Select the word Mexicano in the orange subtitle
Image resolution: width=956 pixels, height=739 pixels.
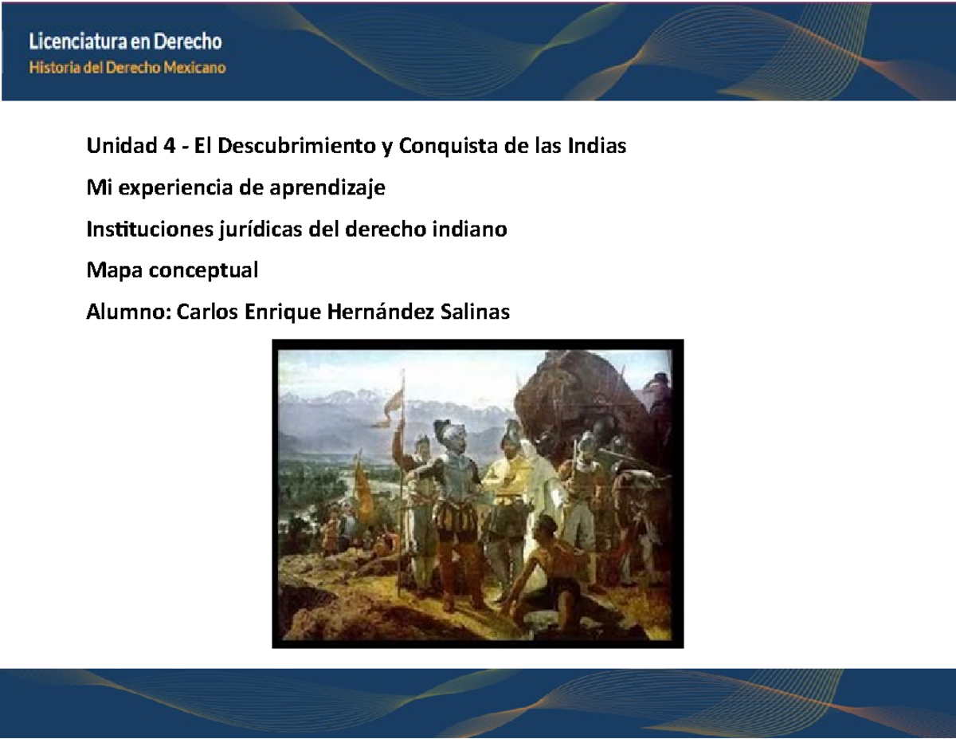click(x=195, y=68)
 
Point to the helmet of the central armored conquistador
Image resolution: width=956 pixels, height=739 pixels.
click(x=451, y=434)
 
